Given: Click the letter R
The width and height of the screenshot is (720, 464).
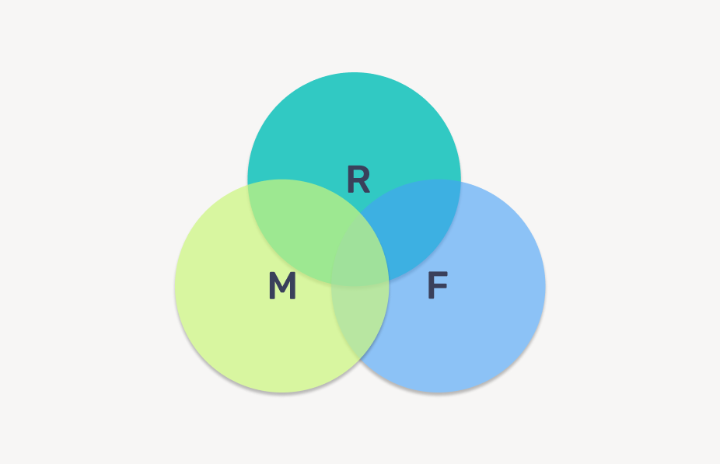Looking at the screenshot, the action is [x=358, y=180].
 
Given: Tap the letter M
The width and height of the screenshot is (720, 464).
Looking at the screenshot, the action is [x=282, y=287].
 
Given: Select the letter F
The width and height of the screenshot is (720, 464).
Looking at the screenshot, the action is [x=438, y=287].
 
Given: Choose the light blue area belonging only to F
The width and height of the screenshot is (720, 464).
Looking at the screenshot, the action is [x=474, y=326].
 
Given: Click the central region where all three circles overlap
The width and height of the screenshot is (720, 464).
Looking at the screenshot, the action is [x=360, y=253].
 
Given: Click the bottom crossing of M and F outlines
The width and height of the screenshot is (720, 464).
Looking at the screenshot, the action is [x=360, y=360].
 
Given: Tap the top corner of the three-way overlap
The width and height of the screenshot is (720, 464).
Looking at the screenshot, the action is [x=360, y=213].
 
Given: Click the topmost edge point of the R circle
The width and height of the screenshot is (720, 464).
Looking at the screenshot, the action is [x=354, y=72].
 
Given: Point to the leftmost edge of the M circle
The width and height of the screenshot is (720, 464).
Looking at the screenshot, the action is [x=175, y=286].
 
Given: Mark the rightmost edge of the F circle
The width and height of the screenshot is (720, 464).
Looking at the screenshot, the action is [x=545, y=286].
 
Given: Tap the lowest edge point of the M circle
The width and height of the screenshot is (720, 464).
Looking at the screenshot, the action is [x=281, y=392].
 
